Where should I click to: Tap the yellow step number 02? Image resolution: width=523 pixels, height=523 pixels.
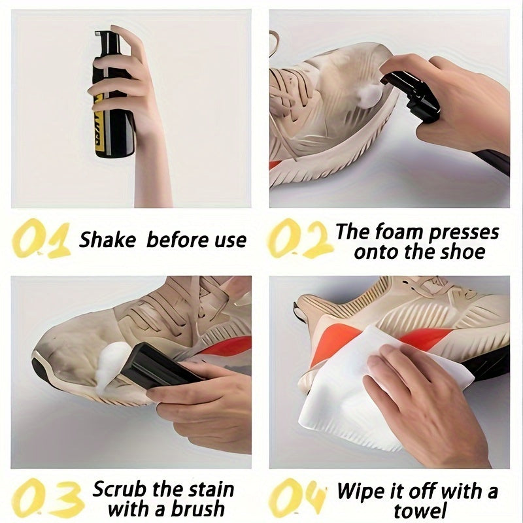298,240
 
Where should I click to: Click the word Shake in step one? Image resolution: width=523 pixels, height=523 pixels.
107,239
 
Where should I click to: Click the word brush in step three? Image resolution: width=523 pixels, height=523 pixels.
197,509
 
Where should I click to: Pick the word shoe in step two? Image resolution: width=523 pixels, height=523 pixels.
464,252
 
